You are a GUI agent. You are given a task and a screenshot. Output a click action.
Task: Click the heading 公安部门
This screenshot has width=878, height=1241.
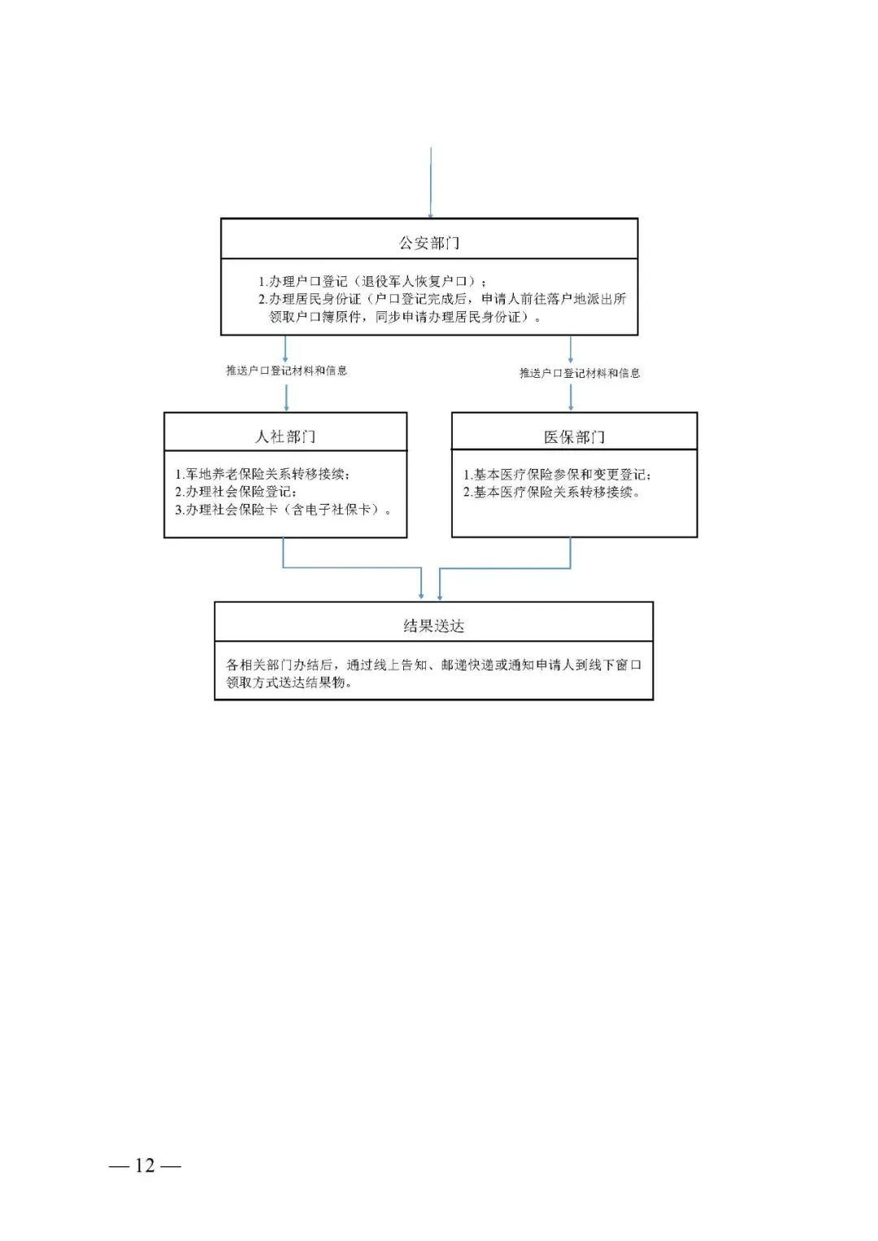click(429, 243)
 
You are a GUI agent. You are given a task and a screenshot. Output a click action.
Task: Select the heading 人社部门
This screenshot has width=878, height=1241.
click(285, 436)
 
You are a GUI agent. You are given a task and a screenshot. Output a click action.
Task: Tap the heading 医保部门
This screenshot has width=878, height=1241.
click(574, 437)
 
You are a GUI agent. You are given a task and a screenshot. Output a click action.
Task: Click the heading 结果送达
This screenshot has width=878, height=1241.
click(433, 626)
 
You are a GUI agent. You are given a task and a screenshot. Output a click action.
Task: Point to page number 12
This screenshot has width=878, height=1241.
click(145, 1165)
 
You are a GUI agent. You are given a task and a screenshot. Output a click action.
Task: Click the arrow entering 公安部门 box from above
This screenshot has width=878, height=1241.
click(430, 183)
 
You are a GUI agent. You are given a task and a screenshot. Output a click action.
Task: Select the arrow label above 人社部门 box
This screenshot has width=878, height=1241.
click(286, 371)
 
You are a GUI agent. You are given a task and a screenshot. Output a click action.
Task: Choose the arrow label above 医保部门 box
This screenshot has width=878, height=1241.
click(580, 373)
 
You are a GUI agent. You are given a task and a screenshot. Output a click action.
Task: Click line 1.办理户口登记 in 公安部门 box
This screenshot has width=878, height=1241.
click(372, 281)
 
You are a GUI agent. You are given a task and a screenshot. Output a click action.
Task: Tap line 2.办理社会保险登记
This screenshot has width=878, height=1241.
click(236, 492)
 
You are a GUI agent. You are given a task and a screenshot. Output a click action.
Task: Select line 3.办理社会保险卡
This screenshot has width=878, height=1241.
click(283, 510)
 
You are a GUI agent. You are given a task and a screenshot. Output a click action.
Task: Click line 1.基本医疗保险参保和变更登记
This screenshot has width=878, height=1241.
click(557, 475)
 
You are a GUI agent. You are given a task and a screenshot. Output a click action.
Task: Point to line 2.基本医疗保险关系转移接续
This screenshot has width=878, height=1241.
click(552, 492)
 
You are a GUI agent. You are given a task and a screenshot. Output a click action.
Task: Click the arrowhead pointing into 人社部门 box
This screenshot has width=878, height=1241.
click(286, 407)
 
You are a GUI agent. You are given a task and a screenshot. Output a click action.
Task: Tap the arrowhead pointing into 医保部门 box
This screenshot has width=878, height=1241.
click(571, 406)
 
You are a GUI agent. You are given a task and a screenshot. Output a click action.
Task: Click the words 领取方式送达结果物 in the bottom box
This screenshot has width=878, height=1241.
click(290, 683)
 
